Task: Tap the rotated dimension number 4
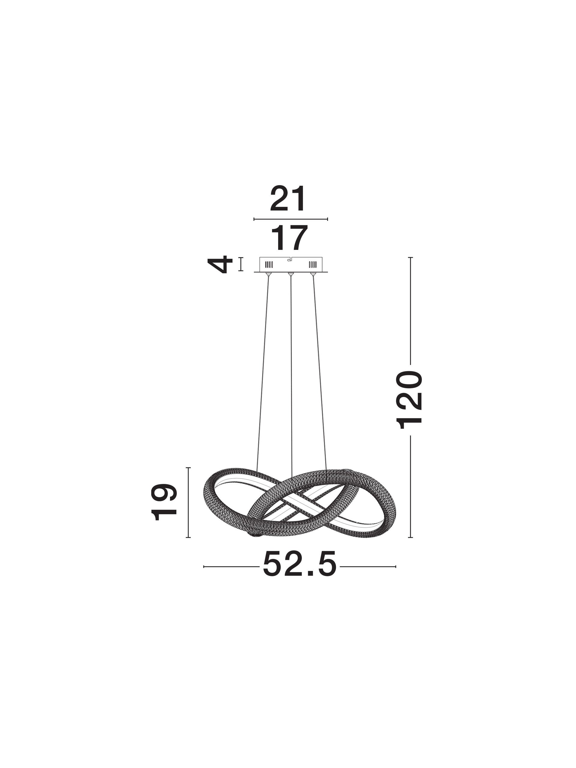click(x=220, y=265)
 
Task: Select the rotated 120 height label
click(x=410, y=400)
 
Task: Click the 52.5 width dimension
click(x=300, y=564)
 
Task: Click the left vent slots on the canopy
click(x=269, y=265)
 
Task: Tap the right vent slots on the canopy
click(x=313, y=265)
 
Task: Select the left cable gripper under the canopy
click(x=268, y=274)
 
